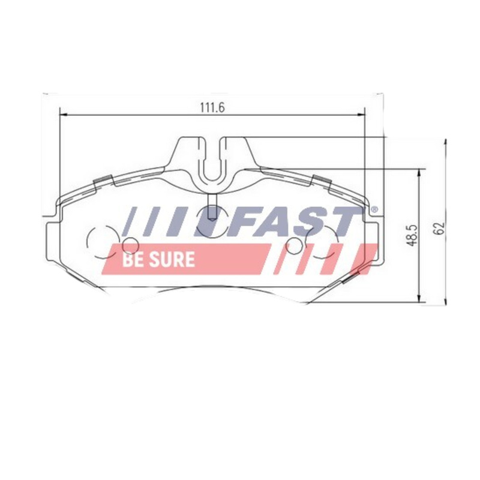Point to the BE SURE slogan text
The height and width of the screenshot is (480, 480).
158,259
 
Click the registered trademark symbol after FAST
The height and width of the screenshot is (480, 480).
374,209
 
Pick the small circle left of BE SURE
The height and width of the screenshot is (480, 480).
130,244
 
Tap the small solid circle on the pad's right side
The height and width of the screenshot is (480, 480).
294,245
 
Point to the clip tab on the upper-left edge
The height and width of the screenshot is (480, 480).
104,180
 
